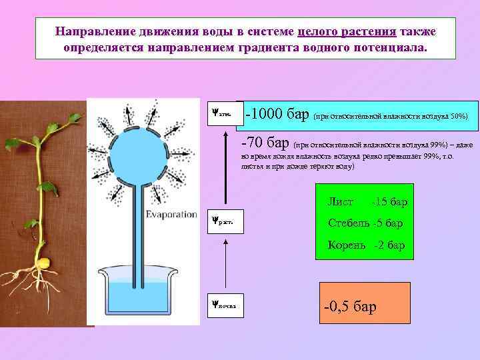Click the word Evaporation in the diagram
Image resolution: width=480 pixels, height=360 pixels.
(x=172, y=215)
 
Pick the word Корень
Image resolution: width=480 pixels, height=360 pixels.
(x=347, y=245)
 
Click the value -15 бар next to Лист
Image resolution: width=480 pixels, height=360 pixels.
(x=390, y=201)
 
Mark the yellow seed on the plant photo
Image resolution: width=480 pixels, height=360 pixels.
(x=45, y=261)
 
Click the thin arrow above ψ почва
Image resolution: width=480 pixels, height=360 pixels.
(x=227, y=266)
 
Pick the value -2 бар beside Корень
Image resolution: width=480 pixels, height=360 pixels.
(x=389, y=245)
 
